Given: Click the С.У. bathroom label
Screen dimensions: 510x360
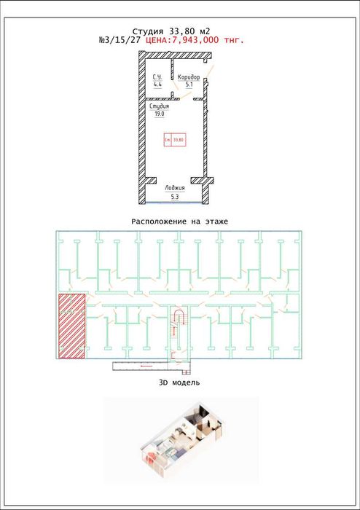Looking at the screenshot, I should [157, 77].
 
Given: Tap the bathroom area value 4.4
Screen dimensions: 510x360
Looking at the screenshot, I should [157, 85].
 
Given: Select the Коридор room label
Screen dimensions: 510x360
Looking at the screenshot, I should [189, 77].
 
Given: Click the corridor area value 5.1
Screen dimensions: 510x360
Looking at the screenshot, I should [189, 85].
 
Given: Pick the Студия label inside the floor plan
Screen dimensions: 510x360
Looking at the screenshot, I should [160, 106].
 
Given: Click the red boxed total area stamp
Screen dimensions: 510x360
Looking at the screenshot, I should [173, 138].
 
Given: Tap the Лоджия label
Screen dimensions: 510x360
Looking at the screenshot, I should [174, 188].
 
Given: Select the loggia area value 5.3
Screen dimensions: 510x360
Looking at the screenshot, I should [174, 196].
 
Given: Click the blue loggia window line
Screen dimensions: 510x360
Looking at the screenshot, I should [174, 203].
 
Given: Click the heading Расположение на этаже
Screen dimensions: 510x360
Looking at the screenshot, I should [179, 221].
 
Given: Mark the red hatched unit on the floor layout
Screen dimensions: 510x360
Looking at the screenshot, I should [71, 326].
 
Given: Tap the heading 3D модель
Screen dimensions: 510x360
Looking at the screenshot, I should [179, 382].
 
